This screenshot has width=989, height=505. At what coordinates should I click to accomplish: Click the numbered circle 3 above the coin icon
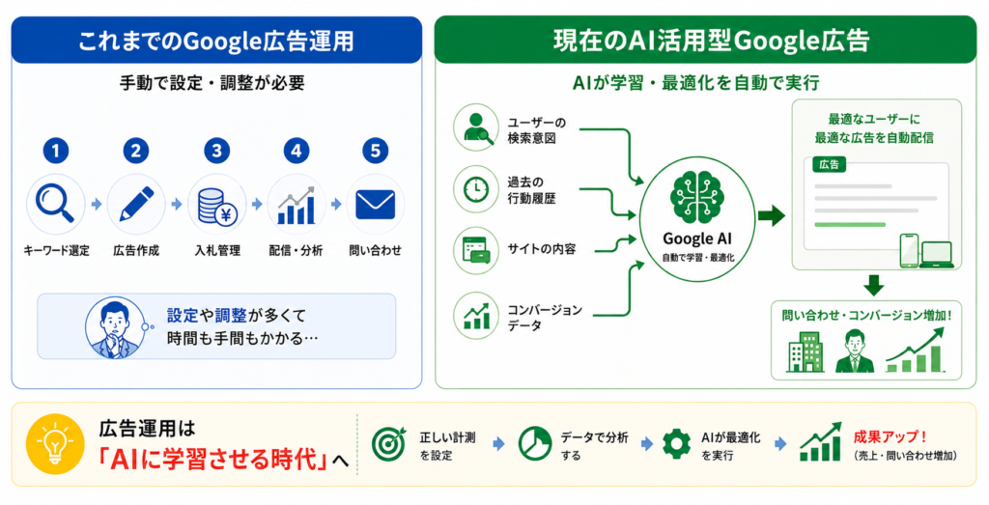pos(216,152)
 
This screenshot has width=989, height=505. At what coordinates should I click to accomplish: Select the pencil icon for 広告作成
pos(136,204)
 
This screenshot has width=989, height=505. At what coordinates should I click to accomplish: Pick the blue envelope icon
pos(376,205)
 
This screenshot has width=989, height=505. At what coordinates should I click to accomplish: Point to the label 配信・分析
pos(296,251)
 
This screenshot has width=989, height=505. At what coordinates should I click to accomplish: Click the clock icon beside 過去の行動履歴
pos(476,188)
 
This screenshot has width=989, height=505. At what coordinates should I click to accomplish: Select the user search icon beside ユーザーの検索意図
pos(477,127)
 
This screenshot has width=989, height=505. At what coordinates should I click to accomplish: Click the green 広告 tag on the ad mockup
pos(830,164)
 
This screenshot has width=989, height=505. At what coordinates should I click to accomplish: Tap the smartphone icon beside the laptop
pos(909,251)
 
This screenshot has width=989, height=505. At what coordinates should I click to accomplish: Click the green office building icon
pos(805,351)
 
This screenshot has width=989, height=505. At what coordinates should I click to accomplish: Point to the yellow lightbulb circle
pos(55,444)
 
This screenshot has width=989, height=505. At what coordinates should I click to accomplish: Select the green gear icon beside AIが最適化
pos(676,444)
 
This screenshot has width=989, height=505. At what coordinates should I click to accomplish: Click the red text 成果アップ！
pos(890,436)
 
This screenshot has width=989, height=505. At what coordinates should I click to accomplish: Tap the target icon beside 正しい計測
pos(388,444)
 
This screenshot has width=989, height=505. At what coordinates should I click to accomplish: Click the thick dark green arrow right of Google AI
pos(772,216)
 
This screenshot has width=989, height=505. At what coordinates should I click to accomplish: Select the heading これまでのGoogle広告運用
pos(215,41)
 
